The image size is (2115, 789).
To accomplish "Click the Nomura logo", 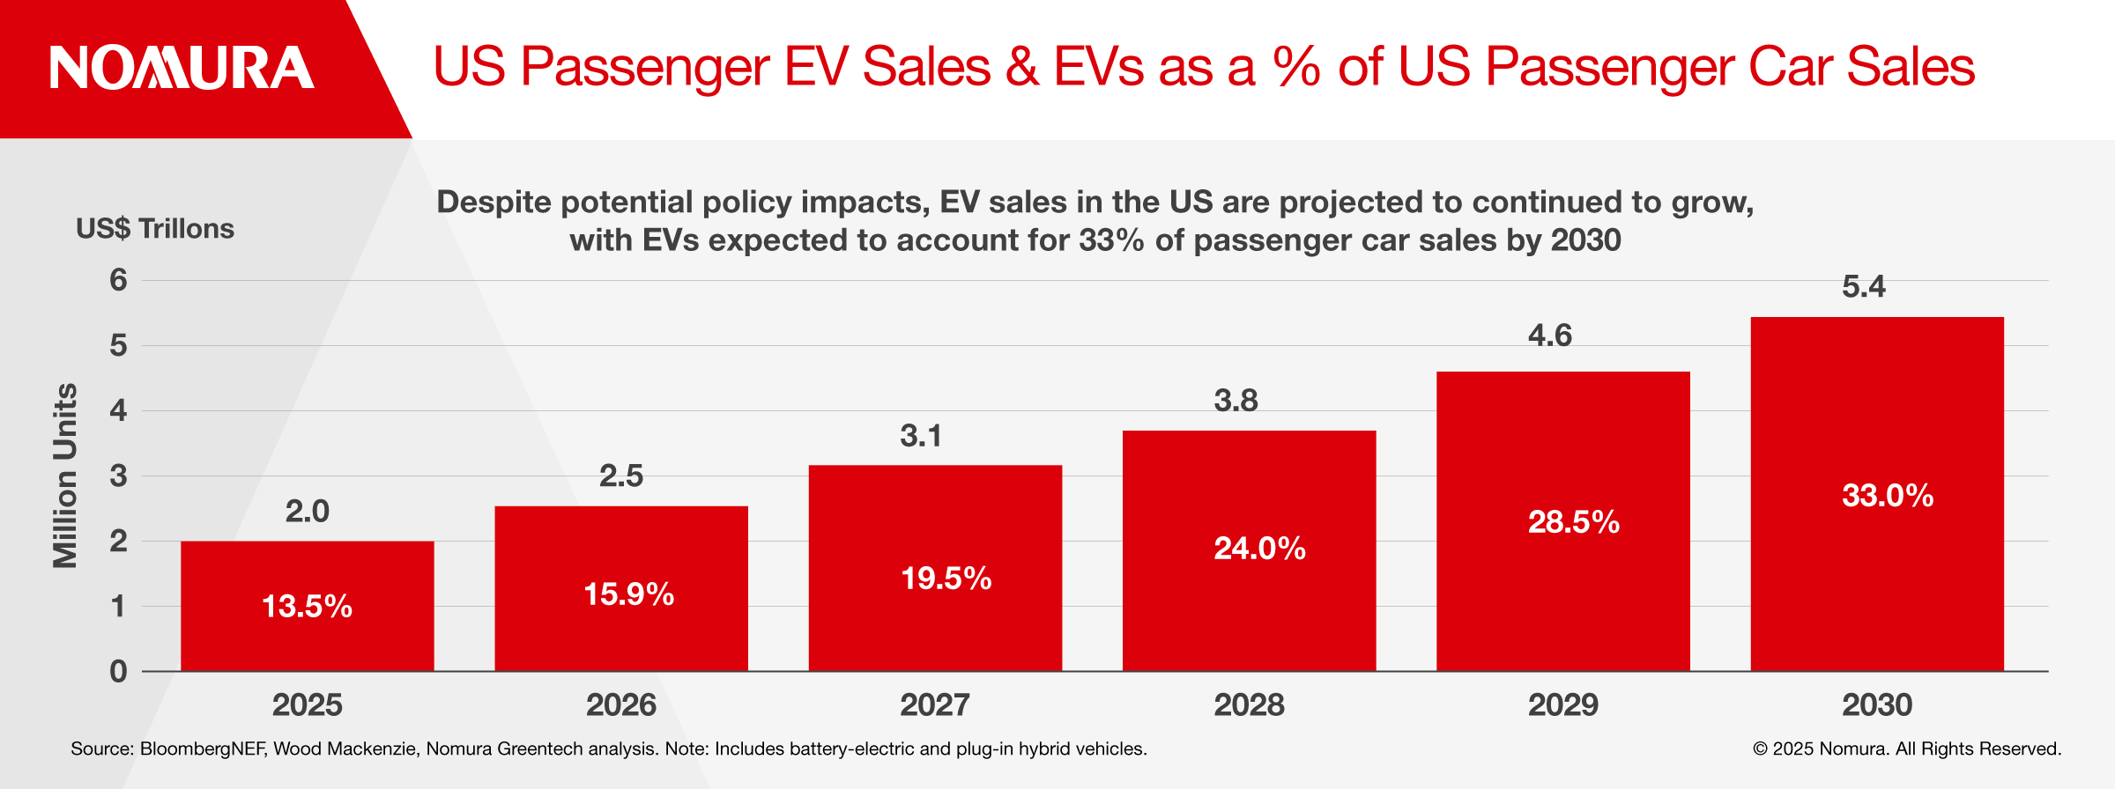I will [x=182, y=68].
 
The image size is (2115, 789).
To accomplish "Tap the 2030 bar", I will [x=1877, y=494].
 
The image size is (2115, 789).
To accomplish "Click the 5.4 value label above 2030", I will [x=1863, y=287].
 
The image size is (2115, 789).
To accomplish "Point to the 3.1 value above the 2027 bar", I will [x=920, y=436].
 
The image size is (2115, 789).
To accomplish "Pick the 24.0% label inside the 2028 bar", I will [x=1259, y=549].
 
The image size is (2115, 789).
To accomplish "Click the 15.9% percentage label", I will [x=628, y=594].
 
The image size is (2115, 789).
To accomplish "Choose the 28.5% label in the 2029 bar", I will [x=1573, y=522].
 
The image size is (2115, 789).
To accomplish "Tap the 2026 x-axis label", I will [x=620, y=705].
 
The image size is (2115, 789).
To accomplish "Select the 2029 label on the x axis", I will [x=1562, y=705].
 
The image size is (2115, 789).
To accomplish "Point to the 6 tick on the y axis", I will [x=118, y=280].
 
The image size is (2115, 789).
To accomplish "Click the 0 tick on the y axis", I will [x=118, y=672].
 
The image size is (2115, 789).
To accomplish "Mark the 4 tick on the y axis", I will [x=118, y=410].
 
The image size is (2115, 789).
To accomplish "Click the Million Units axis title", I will [x=65, y=476].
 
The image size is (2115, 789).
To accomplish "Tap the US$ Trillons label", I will [x=155, y=229].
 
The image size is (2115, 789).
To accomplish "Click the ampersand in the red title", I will [x=1021, y=67].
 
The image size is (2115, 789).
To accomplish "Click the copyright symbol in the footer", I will [x=1760, y=749].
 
